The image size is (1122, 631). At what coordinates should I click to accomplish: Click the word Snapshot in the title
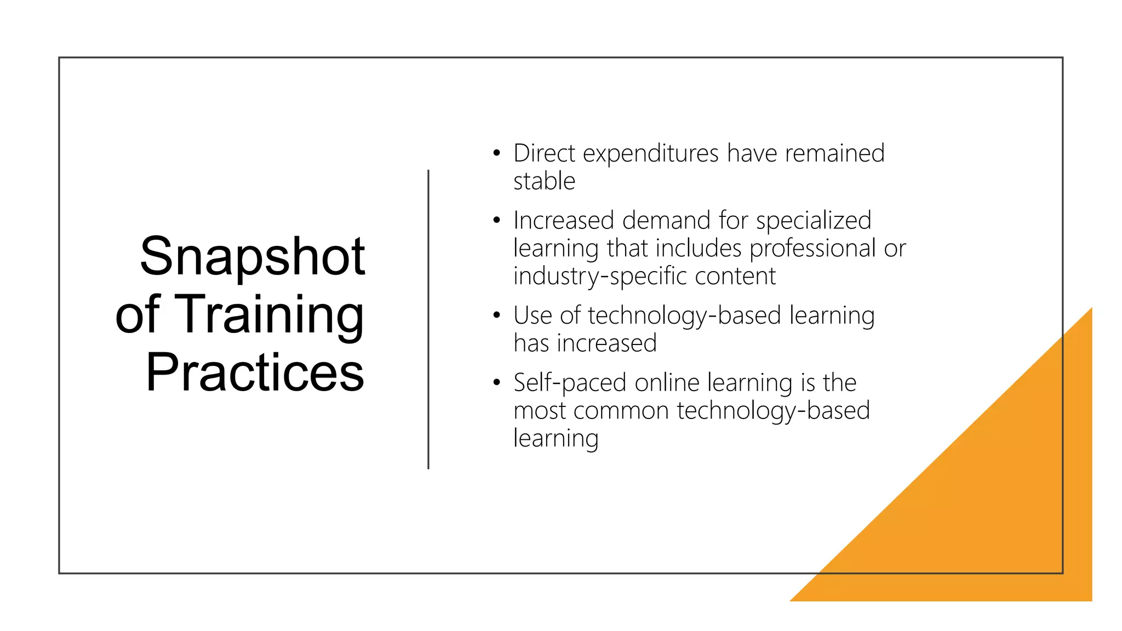(x=253, y=256)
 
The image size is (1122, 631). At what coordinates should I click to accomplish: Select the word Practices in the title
(x=255, y=372)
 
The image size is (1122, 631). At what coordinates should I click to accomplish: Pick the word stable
(x=544, y=181)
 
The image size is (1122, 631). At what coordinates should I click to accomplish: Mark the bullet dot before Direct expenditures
(x=496, y=153)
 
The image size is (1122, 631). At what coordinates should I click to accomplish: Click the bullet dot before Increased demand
(x=496, y=221)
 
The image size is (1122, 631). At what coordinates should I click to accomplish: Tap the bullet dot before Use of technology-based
(x=496, y=315)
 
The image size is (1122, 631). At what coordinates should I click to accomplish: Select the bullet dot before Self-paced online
(x=496, y=383)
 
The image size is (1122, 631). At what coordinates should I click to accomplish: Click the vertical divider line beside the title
(x=428, y=319)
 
